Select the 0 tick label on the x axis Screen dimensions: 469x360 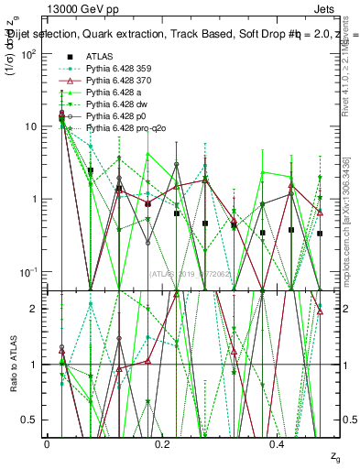47,443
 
